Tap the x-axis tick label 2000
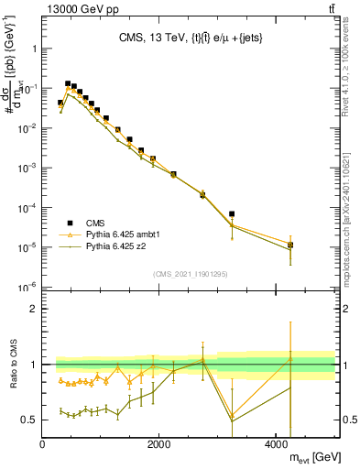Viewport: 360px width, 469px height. (158, 445)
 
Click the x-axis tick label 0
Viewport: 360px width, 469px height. (42, 445)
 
